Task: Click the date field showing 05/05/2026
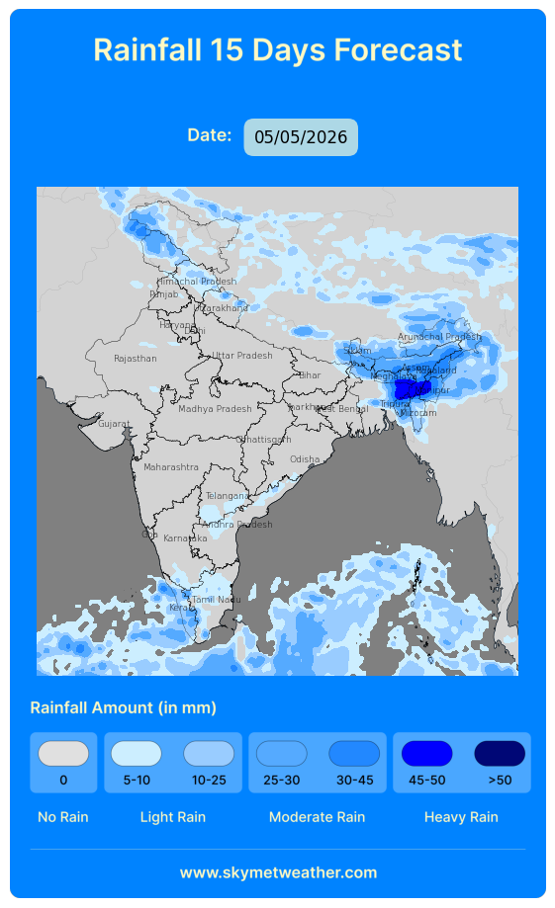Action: click(x=301, y=137)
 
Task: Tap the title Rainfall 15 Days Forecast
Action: click(x=277, y=49)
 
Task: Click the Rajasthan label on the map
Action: click(x=135, y=359)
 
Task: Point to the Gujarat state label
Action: click(x=114, y=424)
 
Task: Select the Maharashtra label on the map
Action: click(x=171, y=466)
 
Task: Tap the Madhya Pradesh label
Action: click(x=215, y=409)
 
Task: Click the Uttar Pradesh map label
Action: click(x=241, y=356)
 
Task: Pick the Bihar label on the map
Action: click(x=310, y=375)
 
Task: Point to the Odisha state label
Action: click(x=305, y=459)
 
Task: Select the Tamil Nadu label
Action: click(x=217, y=600)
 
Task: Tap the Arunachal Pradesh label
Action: click(x=439, y=337)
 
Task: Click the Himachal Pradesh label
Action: click(x=197, y=282)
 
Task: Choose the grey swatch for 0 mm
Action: click(x=63, y=754)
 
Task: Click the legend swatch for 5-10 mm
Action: click(x=137, y=754)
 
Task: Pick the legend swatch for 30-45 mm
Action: click(x=354, y=754)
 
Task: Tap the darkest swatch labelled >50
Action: click(x=500, y=754)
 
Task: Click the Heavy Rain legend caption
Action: click(x=461, y=817)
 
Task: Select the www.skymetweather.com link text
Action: click(x=278, y=872)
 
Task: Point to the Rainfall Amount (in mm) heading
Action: click(x=124, y=707)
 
